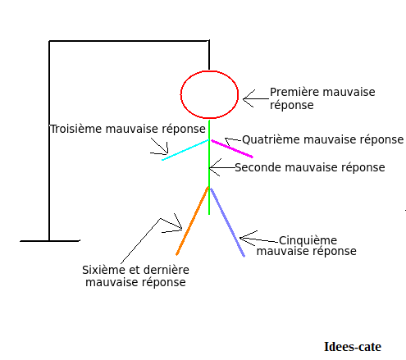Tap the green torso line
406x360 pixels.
[x=209, y=167]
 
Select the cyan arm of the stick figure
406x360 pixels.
[x=185, y=150]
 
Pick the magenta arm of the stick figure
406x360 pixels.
[x=232, y=149]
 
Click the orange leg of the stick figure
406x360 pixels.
[x=192, y=221]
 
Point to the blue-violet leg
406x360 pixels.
[x=227, y=222]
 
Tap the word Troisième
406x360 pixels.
[x=76, y=129]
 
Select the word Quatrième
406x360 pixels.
[x=271, y=139]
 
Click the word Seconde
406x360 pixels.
[x=258, y=167]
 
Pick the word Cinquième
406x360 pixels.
[x=308, y=240]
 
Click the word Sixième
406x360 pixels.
[x=103, y=270]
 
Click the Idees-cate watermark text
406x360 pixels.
[x=353, y=347]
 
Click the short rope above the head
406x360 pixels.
[x=209, y=55]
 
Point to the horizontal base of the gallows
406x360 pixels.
[x=50, y=241]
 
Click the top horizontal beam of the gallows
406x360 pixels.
[x=129, y=41]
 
